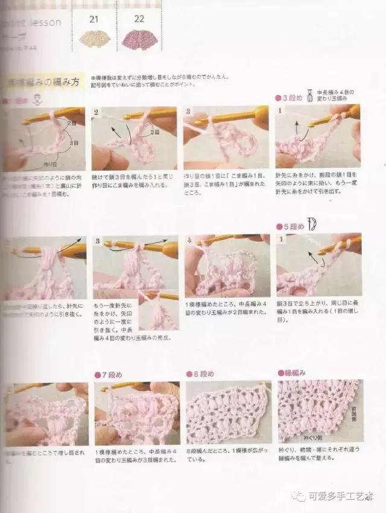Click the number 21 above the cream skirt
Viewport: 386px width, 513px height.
(93, 19)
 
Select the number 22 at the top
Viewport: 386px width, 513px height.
(139, 19)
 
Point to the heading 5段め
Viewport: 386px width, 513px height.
(291, 227)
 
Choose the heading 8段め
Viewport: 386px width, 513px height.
(200, 375)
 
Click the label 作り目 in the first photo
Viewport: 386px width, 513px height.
(51, 163)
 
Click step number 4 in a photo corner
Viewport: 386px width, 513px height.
(189, 241)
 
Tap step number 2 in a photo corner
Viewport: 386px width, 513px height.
(96, 112)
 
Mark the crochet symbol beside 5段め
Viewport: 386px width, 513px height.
(313, 225)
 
